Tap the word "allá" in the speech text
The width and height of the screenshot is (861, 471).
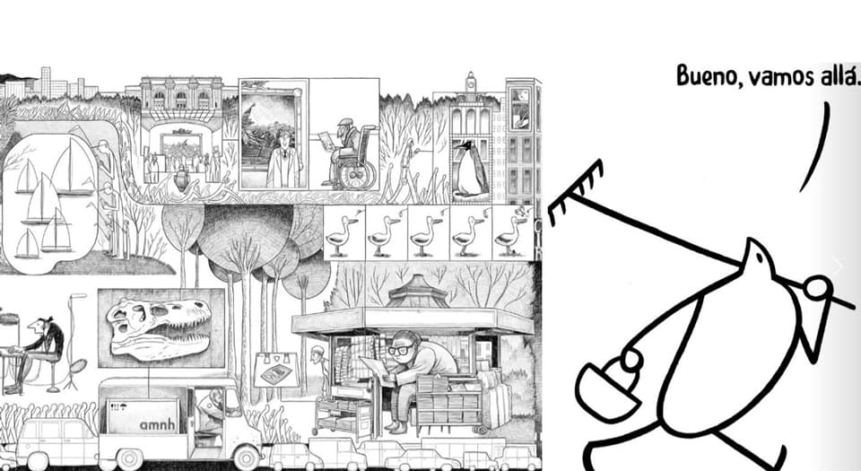(x=839, y=74)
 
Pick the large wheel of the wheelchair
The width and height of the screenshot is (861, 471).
(x=357, y=175)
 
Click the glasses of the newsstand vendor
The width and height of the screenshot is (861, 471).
(x=402, y=349)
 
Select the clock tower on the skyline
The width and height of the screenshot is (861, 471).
(x=471, y=83)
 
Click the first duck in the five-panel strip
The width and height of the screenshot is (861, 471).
(x=342, y=235)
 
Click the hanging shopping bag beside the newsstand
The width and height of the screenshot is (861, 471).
(x=276, y=369)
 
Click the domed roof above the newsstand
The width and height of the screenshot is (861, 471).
(x=417, y=292)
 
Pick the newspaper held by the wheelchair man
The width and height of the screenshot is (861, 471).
(x=328, y=140)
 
